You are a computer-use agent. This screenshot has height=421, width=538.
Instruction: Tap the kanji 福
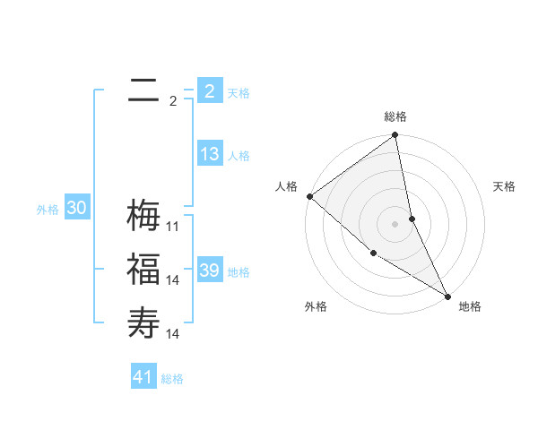point(143,269)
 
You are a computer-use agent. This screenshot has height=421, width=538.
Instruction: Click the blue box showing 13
point(210,154)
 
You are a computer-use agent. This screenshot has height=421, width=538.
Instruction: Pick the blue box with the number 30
point(77,209)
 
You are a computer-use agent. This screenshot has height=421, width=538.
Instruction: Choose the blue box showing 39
point(210,271)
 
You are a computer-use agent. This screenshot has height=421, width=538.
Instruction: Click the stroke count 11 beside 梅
point(173,227)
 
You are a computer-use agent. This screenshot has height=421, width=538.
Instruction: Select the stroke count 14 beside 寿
point(173,334)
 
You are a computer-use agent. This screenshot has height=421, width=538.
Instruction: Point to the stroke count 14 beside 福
point(173,280)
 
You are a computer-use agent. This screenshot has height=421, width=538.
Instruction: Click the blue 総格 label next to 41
point(172,379)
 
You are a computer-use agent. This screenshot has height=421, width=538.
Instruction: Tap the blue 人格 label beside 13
point(239,156)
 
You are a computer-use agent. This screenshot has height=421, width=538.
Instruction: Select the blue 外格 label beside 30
point(48,210)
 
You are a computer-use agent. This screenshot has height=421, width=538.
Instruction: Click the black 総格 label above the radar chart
point(395,116)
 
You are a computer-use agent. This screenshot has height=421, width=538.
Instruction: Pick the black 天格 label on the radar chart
point(505,186)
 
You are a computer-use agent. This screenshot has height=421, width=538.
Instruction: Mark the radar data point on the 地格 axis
point(447,296)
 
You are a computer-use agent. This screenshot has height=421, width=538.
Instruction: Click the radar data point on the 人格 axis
point(309,196)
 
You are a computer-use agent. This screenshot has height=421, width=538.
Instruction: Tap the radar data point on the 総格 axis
point(395,136)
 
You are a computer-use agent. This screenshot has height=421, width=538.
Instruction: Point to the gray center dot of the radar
point(395,224)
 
